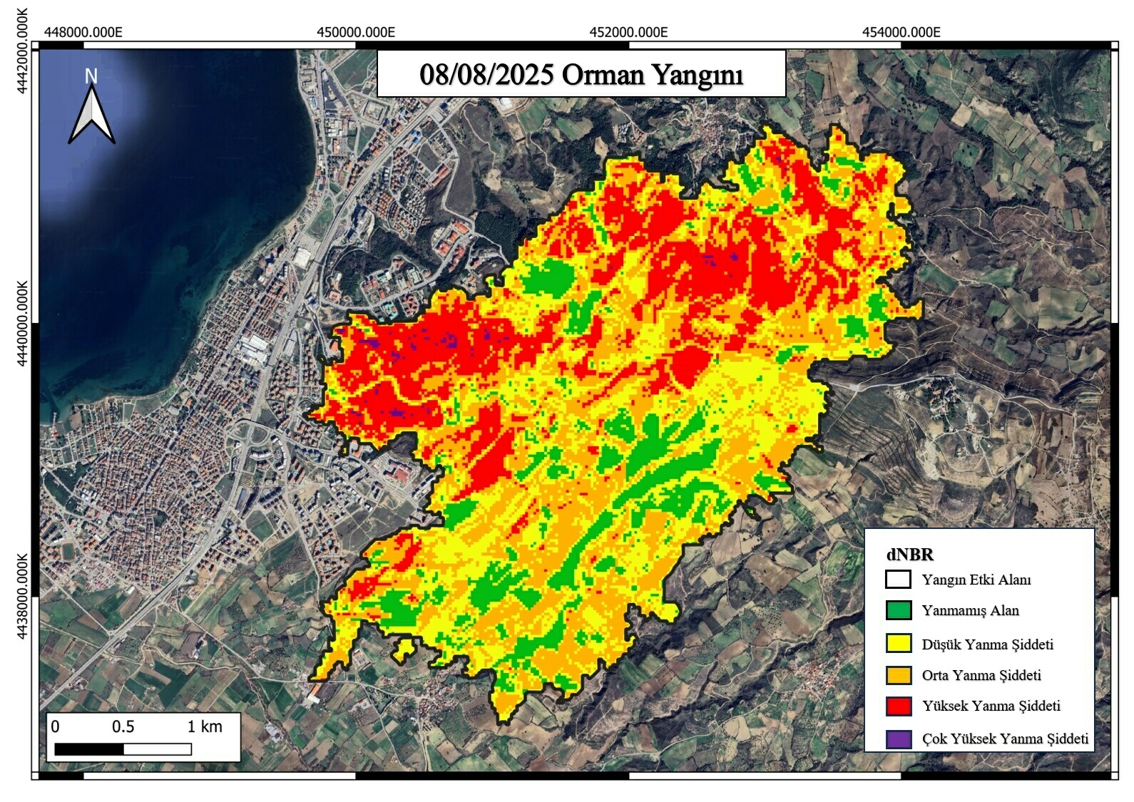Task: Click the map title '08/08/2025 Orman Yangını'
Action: pos(581,74)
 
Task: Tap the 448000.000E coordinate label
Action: pos(83,32)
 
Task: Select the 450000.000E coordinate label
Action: pos(356,32)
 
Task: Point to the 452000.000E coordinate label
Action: pos(628,32)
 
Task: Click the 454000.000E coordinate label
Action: pos(901,32)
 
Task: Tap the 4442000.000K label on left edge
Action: pos(23,51)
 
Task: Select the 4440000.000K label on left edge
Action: pos(23,323)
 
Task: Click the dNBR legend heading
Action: pos(909,555)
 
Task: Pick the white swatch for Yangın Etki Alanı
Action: pos(898,579)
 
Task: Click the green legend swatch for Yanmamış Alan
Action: pos(898,610)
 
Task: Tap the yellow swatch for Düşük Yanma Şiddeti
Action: pos(898,643)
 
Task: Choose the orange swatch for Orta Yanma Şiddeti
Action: pos(898,674)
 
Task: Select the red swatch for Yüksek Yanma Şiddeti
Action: pos(898,706)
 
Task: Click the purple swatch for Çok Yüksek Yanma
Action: pos(898,739)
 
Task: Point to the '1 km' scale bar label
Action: pos(205,726)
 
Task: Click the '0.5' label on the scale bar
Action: pos(123,726)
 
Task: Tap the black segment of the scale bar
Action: pos(89,749)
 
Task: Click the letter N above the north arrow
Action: pos(91,76)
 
